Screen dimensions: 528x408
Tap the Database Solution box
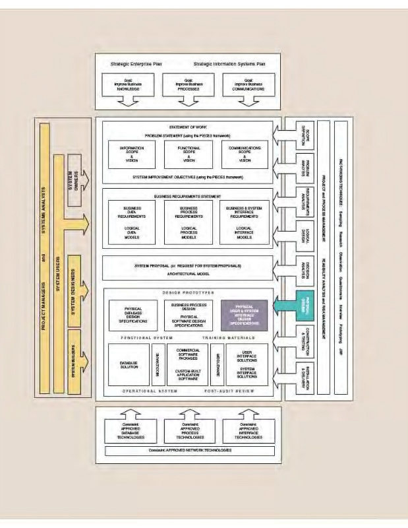[x=128, y=364]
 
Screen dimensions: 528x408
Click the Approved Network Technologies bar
[x=189, y=451]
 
